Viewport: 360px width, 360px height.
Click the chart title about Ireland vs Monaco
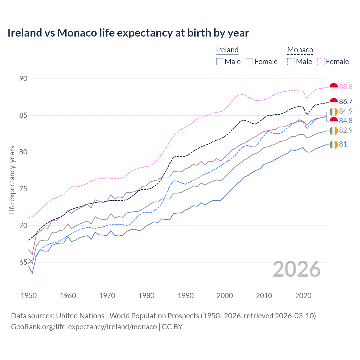pyautogui.click(x=128, y=33)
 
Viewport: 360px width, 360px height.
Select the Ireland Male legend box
pyautogui.click(x=220, y=62)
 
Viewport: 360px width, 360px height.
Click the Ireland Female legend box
pyautogui.click(x=249, y=62)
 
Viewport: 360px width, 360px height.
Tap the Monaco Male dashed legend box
pyautogui.click(x=291, y=62)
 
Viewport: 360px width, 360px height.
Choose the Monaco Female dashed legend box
pyautogui.click(x=321, y=62)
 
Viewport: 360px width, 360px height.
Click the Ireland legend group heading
pyautogui.click(x=227, y=50)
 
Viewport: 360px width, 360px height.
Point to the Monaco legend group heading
pyautogui.click(x=300, y=50)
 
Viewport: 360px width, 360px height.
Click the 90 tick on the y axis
pyautogui.click(x=23, y=78)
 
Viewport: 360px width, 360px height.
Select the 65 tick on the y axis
pyautogui.click(x=23, y=262)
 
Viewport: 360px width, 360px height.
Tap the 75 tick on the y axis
pyautogui.click(x=23, y=189)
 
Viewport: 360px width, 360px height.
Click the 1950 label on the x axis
pyautogui.click(x=29, y=296)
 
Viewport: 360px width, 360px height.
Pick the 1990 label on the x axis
pyautogui.click(x=186, y=296)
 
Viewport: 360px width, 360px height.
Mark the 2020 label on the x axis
pyautogui.click(x=303, y=296)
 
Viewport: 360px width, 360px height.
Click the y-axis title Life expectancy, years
pyautogui.click(x=12, y=180)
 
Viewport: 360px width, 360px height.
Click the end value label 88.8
pyautogui.click(x=346, y=87)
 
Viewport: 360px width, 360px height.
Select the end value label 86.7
pyautogui.click(x=346, y=102)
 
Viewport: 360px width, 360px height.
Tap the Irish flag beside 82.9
pyautogui.click(x=334, y=130)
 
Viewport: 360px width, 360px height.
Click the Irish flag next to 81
pyautogui.click(x=334, y=144)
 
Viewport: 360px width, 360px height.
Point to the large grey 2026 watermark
pyautogui.click(x=297, y=269)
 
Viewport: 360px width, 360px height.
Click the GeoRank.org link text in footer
pyautogui.click(x=84, y=327)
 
